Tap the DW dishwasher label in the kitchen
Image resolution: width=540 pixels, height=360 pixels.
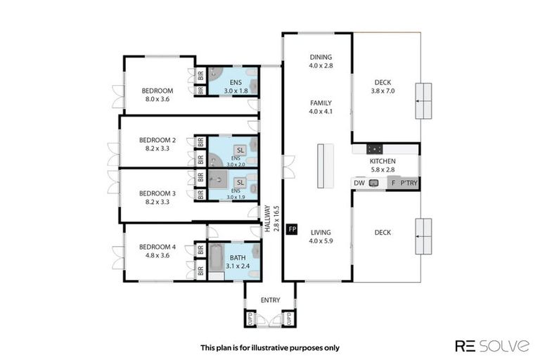click(x=359, y=183)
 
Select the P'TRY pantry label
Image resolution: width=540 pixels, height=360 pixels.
click(x=408, y=183)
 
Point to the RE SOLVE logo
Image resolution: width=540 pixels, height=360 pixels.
click(x=492, y=345)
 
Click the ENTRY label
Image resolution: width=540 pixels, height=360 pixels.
click(x=270, y=300)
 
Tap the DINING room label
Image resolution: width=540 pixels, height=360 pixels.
click(x=320, y=57)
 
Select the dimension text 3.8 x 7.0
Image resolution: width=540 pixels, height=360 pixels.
click(x=385, y=99)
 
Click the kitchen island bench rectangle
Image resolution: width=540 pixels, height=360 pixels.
click(x=323, y=165)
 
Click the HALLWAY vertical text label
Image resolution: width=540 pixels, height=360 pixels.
click(x=267, y=219)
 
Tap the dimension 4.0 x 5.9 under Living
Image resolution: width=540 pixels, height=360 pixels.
click(x=320, y=241)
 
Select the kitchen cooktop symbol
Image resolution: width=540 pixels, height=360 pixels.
click(x=374, y=148)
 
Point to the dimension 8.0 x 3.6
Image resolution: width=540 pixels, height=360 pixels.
click(x=157, y=99)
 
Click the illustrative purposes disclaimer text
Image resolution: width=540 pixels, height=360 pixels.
click(x=270, y=347)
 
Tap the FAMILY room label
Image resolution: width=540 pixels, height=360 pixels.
click(x=320, y=103)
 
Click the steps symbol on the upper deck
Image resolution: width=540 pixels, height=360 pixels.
click(x=423, y=101)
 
